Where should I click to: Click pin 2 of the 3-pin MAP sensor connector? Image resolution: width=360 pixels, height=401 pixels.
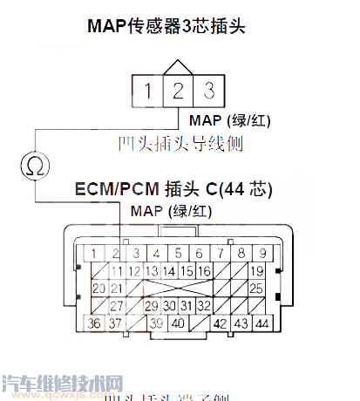(x=178, y=90)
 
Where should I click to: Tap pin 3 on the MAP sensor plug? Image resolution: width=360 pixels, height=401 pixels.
(x=207, y=90)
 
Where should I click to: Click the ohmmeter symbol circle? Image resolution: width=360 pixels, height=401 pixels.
(x=35, y=164)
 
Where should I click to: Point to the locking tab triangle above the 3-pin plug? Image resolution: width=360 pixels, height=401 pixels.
(x=178, y=67)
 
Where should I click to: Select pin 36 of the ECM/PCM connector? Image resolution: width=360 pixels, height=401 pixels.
(x=95, y=325)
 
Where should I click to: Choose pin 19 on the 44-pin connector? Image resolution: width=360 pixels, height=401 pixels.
(x=256, y=272)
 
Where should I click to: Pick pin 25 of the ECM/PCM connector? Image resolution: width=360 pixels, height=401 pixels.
(x=256, y=289)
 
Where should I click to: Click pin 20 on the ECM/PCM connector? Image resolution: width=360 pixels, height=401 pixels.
(x=95, y=289)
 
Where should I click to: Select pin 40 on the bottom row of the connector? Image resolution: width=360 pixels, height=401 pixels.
(x=177, y=325)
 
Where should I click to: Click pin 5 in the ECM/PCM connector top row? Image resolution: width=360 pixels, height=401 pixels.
(x=177, y=254)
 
